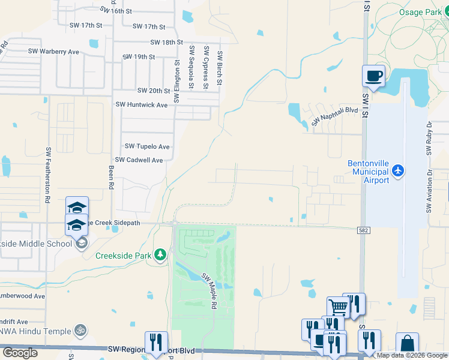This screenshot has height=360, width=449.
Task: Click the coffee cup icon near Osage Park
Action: click(x=373, y=76)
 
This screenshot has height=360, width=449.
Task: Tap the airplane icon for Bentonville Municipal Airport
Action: click(x=397, y=172)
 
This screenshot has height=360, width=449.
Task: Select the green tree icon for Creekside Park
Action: click(x=160, y=255)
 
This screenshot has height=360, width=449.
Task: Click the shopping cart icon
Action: click(x=339, y=307)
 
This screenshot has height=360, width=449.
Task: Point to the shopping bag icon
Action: click(x=407, y=344)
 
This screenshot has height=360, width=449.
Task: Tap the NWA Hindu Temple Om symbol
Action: click(x=79, y=330)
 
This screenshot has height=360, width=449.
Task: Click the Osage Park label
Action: click(x=421, y=12)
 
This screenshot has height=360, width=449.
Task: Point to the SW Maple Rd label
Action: click(x=209, y=291)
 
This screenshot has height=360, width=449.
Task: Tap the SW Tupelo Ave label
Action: click(x=147, y=146)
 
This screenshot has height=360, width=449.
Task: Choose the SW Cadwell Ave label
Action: click(x=139, y=160)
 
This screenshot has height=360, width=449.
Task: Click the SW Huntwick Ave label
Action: click(x=141, y=104)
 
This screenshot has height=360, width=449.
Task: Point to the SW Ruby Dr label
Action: click(x=429, y=140)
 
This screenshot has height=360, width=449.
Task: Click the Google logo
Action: click(x=20, y=353)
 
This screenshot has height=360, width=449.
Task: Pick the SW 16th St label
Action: click(x=116, y=11)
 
